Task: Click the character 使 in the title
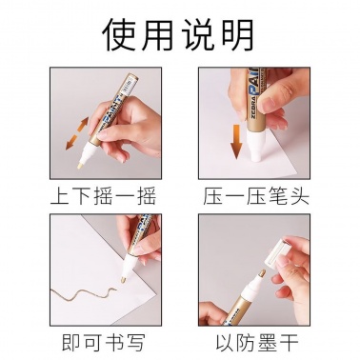[121, 34]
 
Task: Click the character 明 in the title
[238, 34]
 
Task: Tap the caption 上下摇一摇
[104, 196]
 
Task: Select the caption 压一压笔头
[256, 196]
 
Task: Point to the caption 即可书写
[104, 343]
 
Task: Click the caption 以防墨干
[256, 343]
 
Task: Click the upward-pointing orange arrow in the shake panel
[82, 124]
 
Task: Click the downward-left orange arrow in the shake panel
[72, 142]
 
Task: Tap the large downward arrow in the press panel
[236, 141]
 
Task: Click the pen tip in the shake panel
[81, 165]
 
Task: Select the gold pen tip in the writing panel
[123, 280]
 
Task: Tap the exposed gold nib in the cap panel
[261, 273]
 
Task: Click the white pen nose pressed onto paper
[256, 145]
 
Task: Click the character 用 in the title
[160, 34]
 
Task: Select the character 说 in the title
[199, 34]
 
